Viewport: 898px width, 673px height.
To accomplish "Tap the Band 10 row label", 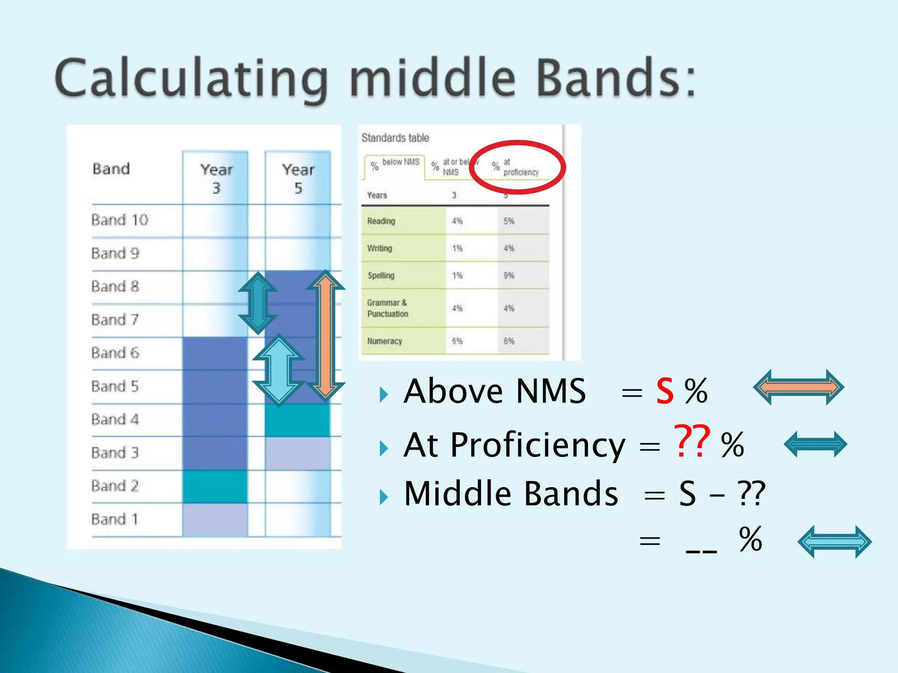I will coord(120,220).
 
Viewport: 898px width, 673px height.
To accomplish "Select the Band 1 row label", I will coord(115,519).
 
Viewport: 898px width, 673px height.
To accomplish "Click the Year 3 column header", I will coord(216,178).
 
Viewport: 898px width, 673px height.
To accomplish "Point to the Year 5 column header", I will coord(298,178).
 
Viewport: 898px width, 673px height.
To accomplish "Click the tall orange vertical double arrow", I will coord(325,336).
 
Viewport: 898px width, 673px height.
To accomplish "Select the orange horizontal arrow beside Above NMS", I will coord(798,387).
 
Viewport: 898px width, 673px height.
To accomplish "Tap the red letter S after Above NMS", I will coord(665,391).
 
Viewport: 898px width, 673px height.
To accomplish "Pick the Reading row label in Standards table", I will coord(381,221).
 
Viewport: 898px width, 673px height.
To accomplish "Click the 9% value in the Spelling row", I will coord(509,276).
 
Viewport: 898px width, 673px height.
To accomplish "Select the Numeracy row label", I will coord(385,341).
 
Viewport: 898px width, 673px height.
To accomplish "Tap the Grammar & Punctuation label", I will coord(388,308).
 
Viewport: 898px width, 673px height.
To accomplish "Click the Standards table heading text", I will coord(395,138).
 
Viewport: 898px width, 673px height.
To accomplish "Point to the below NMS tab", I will coord(395,166).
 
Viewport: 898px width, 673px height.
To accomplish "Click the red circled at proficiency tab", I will coord(517,167).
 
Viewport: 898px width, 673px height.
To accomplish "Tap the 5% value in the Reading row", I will coord(509,221).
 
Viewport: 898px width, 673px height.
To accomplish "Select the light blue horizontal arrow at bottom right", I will coord(834,542).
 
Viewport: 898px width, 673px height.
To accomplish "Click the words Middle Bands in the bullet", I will coord(511,494).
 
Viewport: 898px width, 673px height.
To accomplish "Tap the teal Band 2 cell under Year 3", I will coord(215,486).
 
